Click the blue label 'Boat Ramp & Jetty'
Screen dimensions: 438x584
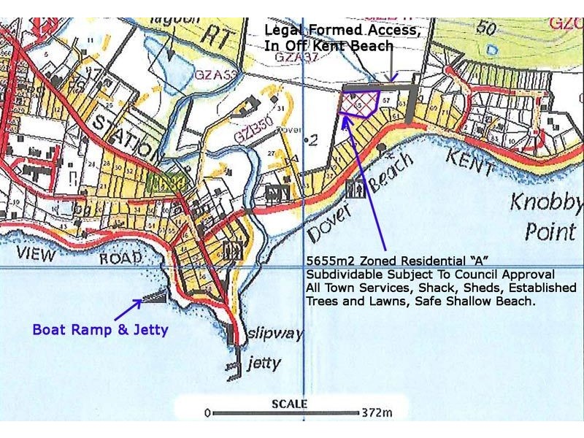[x=100, y=329]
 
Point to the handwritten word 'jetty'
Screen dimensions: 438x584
[x=264, y=362]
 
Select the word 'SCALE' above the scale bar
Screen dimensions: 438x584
[x=290, y=404]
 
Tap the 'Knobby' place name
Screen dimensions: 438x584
[x=555, y=202]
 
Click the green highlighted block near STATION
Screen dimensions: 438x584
[x=164, y=182]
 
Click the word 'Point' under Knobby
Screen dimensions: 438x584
[x=551, y=231]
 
